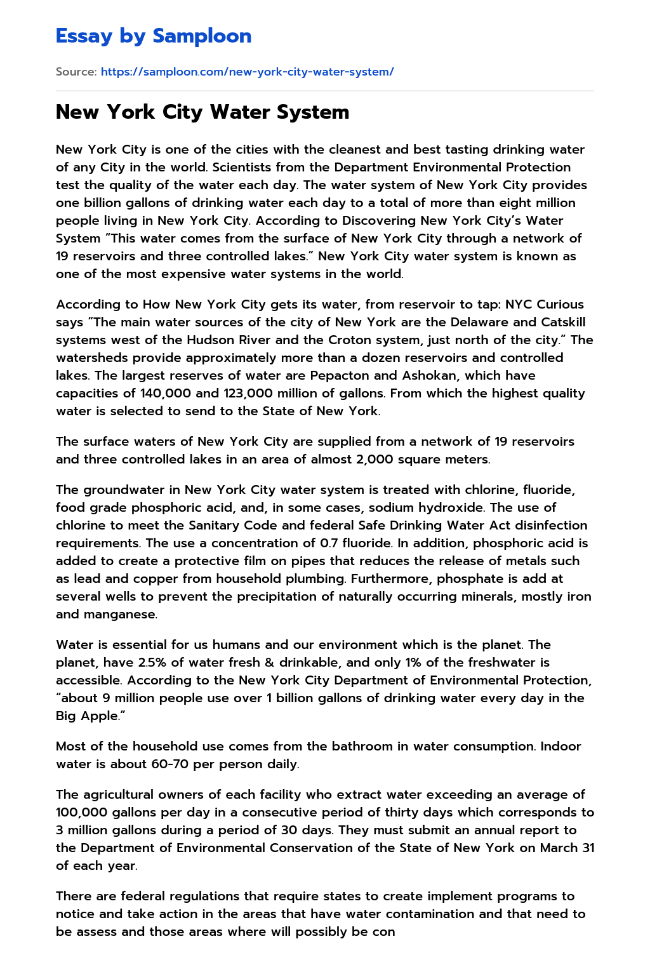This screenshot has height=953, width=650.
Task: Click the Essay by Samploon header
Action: (x=154, y=36)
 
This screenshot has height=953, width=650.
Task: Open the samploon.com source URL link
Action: (x=247, y=72)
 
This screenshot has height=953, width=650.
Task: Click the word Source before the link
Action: (x=76, y=72)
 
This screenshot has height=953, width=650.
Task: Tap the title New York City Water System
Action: (x=202, y=112)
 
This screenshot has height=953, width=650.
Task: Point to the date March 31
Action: (x=567, y=848)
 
